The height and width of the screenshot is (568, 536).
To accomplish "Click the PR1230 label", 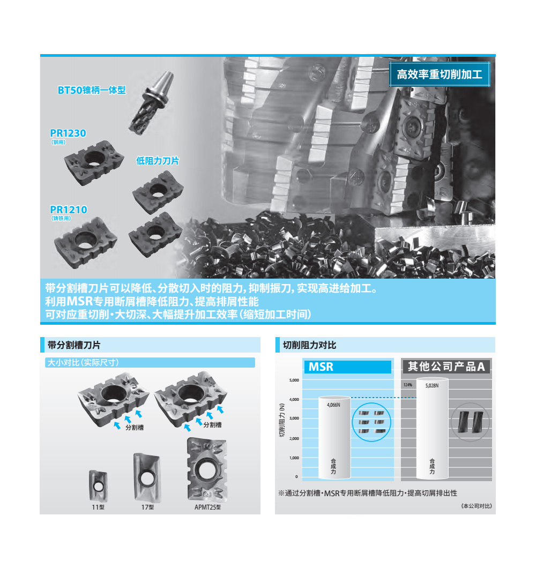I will (68, 133).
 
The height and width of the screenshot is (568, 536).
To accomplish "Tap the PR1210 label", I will (69, 210).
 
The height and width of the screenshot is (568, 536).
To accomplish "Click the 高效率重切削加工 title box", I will (440, 74).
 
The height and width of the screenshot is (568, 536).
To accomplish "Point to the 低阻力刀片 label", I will (158, 161).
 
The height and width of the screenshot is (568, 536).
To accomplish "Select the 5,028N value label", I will (432, 385).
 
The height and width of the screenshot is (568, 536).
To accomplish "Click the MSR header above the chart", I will (348, 367).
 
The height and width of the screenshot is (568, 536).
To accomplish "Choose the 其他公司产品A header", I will (446, 367).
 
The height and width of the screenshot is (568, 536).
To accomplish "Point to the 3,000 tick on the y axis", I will (294, 418).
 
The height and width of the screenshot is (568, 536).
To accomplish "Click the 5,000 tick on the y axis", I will (294, 380).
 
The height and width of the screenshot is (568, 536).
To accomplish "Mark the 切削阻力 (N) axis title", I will (282, 421).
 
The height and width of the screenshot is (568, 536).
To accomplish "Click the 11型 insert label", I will (98, 506).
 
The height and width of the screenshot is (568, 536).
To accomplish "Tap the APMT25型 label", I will (209, 506).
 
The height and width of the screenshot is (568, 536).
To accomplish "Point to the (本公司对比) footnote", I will (475, 506).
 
